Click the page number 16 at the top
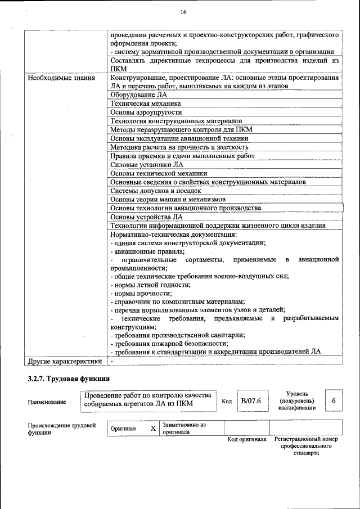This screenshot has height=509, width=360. coord(183,12)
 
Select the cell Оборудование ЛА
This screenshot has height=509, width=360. coord(136,95)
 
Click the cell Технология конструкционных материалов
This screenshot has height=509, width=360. coord(176,121)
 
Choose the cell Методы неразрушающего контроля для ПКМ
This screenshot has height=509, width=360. coord(181,129)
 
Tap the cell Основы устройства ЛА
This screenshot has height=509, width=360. coord(146,217)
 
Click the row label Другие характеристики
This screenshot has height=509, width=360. coord(65,361)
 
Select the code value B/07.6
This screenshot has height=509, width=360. coord(250,401)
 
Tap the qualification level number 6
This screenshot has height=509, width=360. coord(334,400)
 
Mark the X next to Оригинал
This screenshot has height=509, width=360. coord(152,429)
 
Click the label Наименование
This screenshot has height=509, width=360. coord(46,402)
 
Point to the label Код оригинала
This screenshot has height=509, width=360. coord(246,439)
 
